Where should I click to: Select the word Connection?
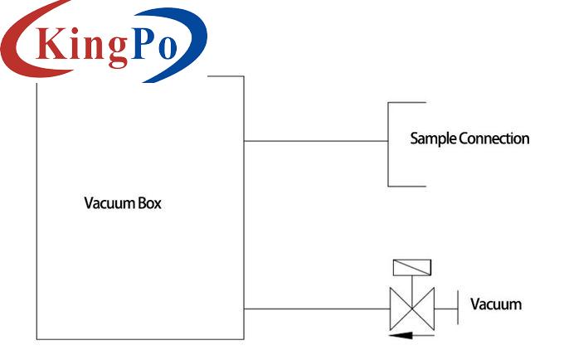point(494,139)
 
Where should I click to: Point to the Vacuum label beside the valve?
point(496,304)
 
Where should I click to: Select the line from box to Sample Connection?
point(315,141)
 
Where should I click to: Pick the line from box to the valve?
point(315,309)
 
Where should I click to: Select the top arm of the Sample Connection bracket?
point(406,103)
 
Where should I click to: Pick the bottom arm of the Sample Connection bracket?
point(406,186)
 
